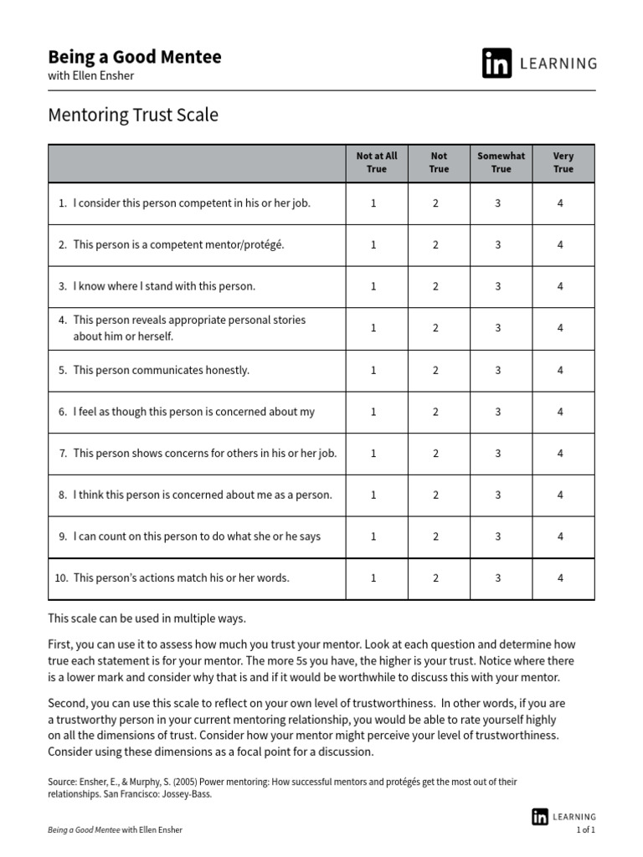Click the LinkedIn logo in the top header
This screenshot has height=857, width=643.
coord(496,64)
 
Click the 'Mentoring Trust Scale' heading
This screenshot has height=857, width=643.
coord(133,115)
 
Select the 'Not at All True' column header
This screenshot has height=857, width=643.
coord(377,162)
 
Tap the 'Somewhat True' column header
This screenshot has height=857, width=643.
coord(501,162)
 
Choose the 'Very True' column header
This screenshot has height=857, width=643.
coord(563,162)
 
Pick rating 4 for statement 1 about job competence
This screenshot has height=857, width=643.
coord(560,203)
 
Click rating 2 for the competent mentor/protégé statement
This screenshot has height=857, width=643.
coord(435,245)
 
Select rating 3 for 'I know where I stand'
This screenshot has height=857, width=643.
coord(498,286)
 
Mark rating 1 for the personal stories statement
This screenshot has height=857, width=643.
coord(373,328)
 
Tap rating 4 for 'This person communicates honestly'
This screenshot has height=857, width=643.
coord(560,370)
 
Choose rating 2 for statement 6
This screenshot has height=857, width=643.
coord(435,412)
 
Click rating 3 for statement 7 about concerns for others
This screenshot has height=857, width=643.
coord(498,453)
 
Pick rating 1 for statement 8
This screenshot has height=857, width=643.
coord(373,495)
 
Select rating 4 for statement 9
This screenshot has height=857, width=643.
coord(560,536)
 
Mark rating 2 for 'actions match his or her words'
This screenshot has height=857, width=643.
coord(435,577)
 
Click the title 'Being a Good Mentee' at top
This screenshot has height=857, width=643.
coord(135,57)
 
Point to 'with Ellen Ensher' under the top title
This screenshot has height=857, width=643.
coord(90,76)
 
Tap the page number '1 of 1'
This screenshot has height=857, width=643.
coord(585,829)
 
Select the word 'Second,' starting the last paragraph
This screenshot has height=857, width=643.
coord(67,702)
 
